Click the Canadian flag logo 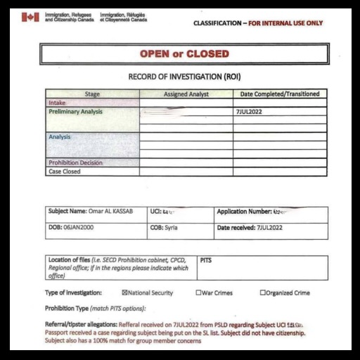click(30, 17)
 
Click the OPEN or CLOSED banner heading click(185, 54)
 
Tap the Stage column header click(92, 94)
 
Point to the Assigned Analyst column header click(186, 94)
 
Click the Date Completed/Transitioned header click(280, 94)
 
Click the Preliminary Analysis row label click(75, 112)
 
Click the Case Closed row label click(64, 172)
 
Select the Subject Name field click(90, 211)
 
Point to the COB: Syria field click(165, 228)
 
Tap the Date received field click(250, 228)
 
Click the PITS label click(206, 260)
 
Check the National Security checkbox click(124, 293)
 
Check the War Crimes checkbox click(199, 293)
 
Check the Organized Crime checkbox click(263, 293)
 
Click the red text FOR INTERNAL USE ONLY click(285, 23)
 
